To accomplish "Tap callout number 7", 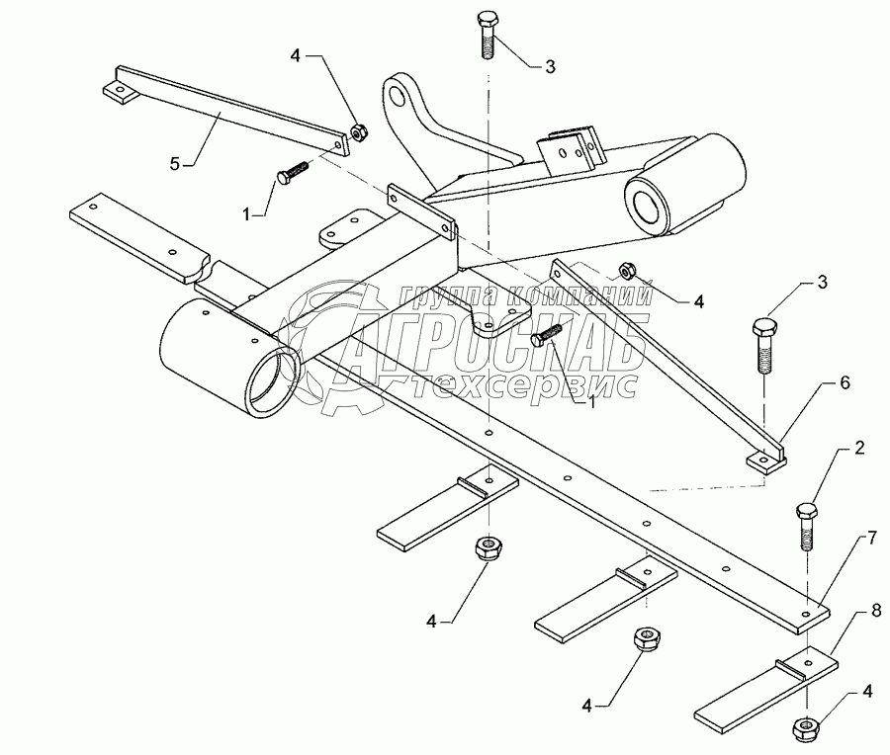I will point(871,539).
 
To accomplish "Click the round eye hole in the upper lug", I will point(400,96).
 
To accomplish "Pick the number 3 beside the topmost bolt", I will point(551,66).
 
